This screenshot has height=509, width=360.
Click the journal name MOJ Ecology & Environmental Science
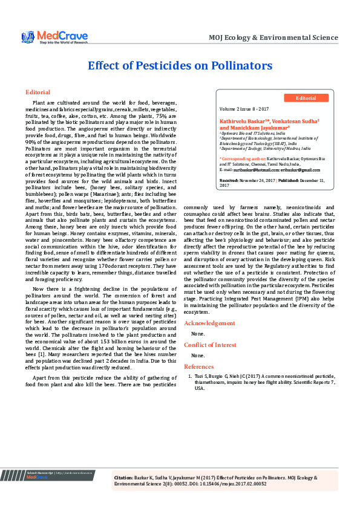point(273,37)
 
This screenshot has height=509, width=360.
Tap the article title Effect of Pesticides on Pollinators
point(180,66)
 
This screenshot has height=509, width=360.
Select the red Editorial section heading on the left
point(38,92)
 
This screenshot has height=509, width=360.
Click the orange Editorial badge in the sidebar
point(306,98)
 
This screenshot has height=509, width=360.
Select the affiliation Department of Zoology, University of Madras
point(264,148)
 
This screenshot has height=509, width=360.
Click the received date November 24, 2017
point(257,181)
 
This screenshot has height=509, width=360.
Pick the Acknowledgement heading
point(209,323)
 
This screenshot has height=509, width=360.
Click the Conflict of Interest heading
point(211,345)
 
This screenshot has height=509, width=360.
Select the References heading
point(199,366)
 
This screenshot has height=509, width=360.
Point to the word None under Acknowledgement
point(197,334)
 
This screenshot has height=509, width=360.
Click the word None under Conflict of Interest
point(197,355)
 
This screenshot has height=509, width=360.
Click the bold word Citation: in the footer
point(124,478)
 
